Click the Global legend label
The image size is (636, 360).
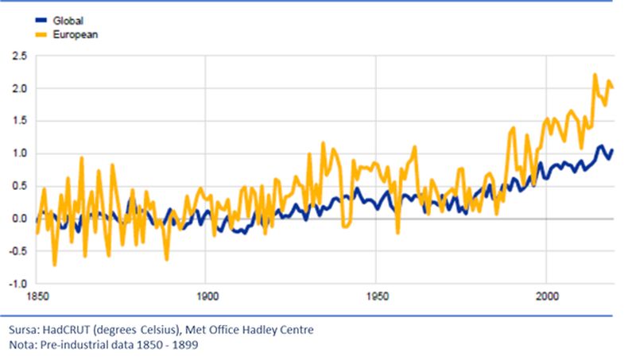coord(68,20)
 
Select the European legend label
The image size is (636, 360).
coord(75,34)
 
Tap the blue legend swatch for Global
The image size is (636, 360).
coord(41,20)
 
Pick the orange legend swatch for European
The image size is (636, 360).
coord(41,34)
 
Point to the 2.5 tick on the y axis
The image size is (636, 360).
coord(18,56)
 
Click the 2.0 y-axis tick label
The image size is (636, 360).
coord(18,89)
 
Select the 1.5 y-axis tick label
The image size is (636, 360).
coord(18,121)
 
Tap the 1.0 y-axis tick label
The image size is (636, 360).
coord(18,153)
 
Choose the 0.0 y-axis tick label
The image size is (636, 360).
coord(18,219)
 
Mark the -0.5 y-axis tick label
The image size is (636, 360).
coord(17,251)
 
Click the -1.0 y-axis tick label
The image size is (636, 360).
coord(17,283)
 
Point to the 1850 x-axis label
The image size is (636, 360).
coord(37,295)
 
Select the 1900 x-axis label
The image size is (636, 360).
coord(206,295)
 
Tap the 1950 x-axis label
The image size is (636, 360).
coord(377,295)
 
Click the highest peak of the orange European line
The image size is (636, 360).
coord(595,75)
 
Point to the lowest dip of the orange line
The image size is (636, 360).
coord(55,264)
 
